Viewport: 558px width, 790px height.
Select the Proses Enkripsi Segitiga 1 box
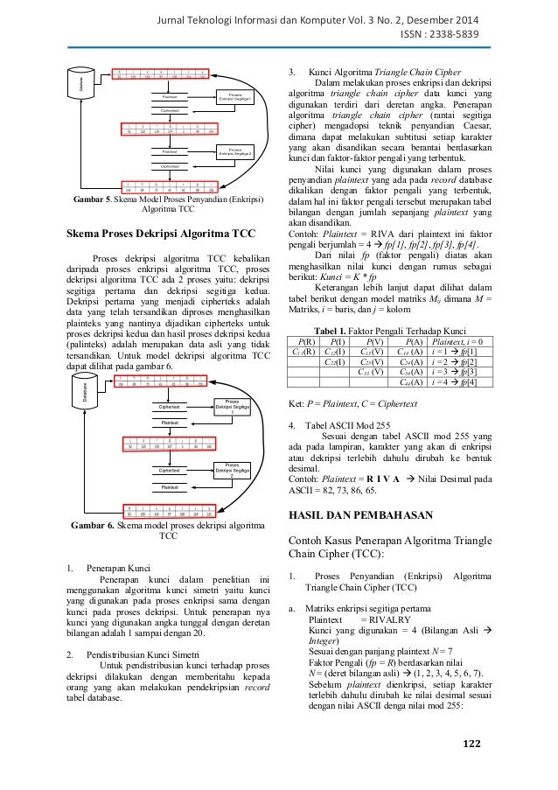234,99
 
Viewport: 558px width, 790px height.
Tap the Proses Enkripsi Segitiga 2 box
234,153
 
